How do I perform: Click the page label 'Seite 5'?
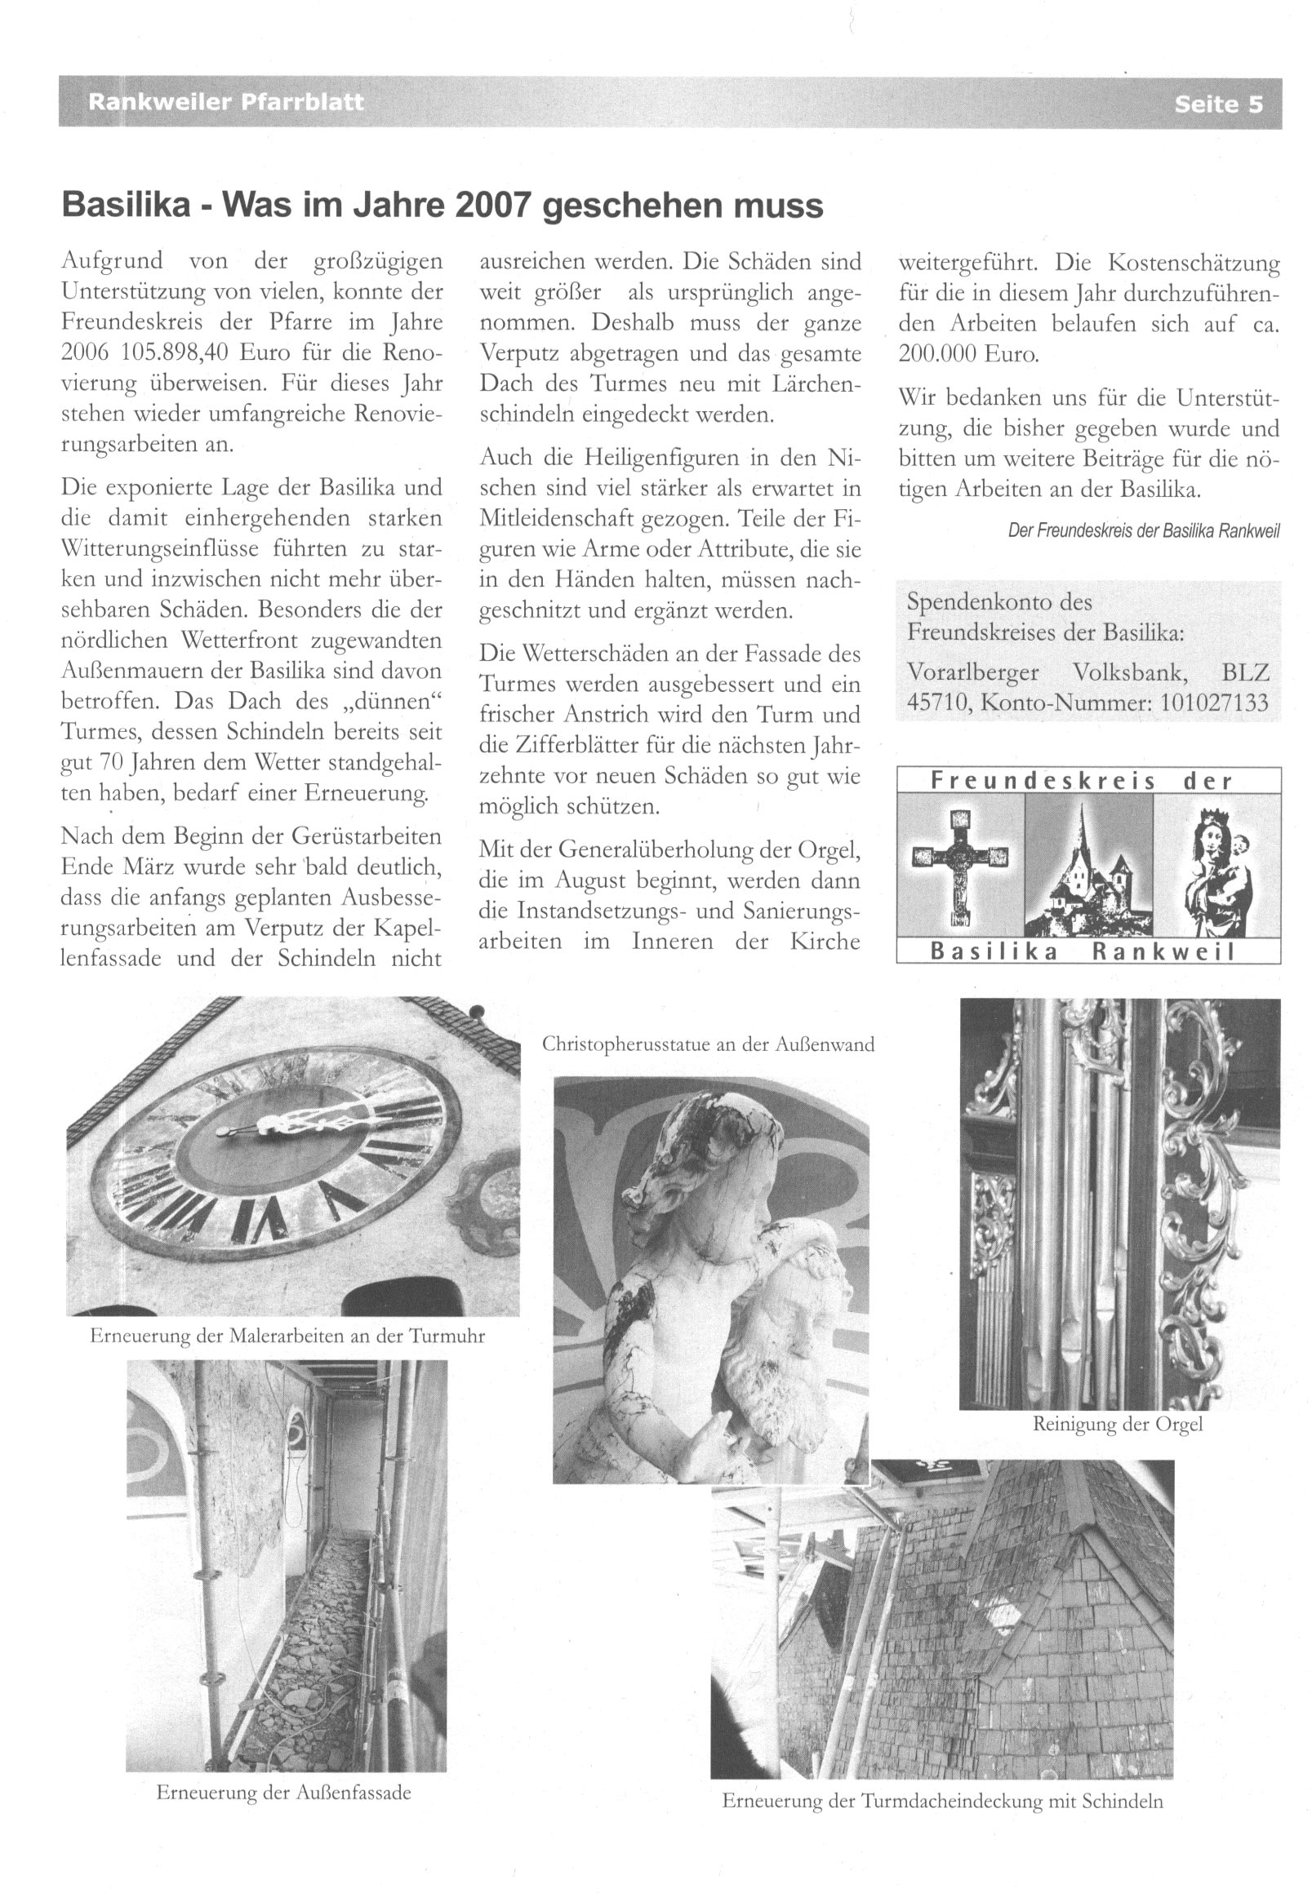1217,104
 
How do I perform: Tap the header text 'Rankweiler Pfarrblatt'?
225,103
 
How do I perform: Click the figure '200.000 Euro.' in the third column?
968,354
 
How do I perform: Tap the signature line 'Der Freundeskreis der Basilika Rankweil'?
1144,530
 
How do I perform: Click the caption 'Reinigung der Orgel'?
1117,1424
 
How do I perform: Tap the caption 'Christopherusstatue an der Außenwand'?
708,1044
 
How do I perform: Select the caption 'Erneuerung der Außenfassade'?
283,1792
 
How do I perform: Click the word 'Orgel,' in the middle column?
823,849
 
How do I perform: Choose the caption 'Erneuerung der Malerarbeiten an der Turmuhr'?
287,1336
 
